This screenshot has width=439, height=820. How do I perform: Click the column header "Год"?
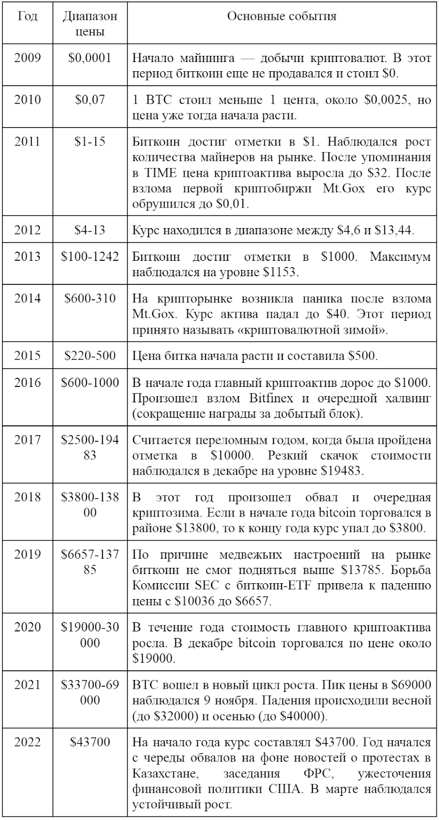(x=27, y=16)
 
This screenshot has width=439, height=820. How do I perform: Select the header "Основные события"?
(x=282, y=16)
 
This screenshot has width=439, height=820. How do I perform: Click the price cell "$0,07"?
(x=90, y=99)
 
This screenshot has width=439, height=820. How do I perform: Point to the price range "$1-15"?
(x=90, y=141)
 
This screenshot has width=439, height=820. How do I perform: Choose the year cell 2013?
(x=27, y=257)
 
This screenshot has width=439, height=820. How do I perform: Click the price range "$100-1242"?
(x=90, y=257)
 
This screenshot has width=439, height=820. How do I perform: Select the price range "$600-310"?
(x=90, y=298)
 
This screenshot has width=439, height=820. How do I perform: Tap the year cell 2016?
(x=27, y=382)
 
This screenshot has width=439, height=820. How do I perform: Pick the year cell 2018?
(x=27, y=497)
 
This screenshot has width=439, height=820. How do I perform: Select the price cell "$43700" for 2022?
(x=90, y=742)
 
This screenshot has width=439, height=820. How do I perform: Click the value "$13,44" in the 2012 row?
(x=394, y=230)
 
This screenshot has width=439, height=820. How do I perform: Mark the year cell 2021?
(x=27, y=684)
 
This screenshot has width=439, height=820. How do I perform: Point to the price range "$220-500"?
(x=90, y=356)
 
